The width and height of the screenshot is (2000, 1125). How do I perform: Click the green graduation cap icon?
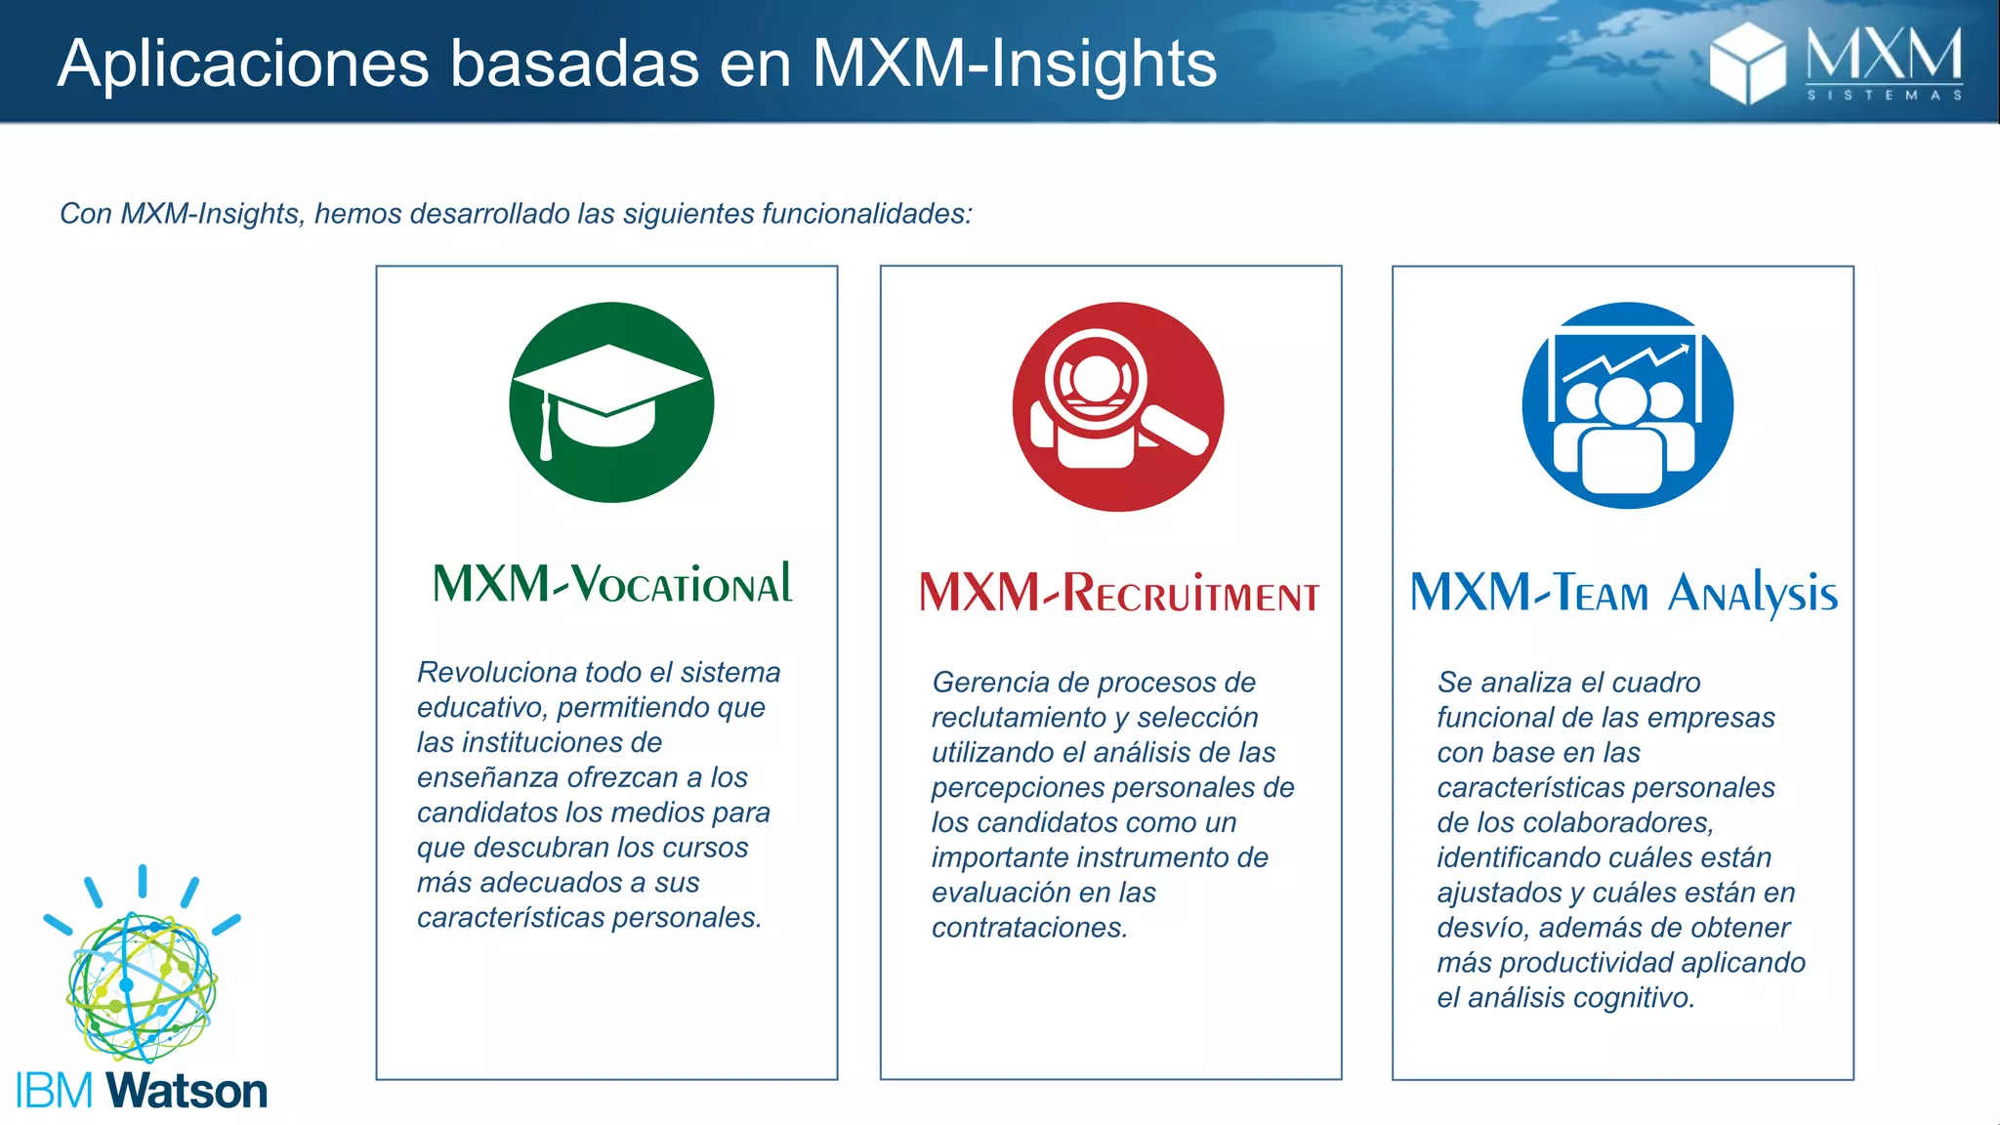tap(611, 402)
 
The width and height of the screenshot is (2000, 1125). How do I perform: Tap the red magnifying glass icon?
tap(1117, 406)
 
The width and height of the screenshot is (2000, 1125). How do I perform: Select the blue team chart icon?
tap(1627, 405)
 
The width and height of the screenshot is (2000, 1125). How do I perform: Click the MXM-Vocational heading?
tap(612, 584)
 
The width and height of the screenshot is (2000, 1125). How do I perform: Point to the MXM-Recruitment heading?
tap(1119, 593)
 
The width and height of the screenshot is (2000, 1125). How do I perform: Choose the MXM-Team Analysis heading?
tap(1624, 593)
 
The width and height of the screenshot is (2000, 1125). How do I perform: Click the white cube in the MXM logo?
tap(1746, 62)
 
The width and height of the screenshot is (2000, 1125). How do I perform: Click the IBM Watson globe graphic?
tap(142, 986)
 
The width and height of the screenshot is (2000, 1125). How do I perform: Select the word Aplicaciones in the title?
tap(243, 64)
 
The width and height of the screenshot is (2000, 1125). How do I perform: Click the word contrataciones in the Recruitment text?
tap(1029, 927)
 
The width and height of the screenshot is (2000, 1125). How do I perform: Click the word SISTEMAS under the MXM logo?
tap(1884, 96)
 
